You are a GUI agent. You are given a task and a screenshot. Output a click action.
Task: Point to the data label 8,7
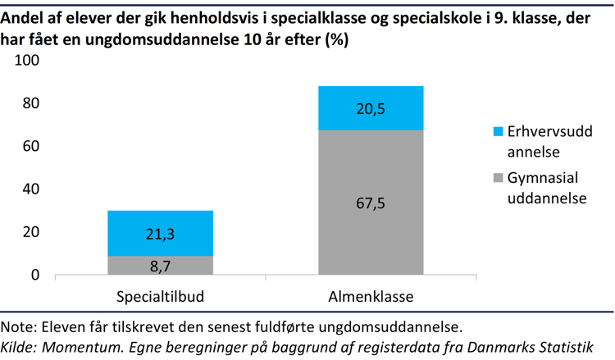coord(160,266)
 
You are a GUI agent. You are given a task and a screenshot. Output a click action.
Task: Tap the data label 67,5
coord(371,203)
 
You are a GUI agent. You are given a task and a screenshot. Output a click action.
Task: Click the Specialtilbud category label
coord(160,296)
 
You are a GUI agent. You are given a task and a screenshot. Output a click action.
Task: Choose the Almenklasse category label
coord(371,296)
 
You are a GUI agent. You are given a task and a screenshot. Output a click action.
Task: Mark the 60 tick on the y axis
coord(31,147)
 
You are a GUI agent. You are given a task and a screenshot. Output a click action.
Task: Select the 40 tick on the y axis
coord(31,189)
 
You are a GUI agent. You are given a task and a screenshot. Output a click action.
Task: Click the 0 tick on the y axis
coord(35,276)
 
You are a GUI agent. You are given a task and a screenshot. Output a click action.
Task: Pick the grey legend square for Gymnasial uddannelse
coord(497,178)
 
